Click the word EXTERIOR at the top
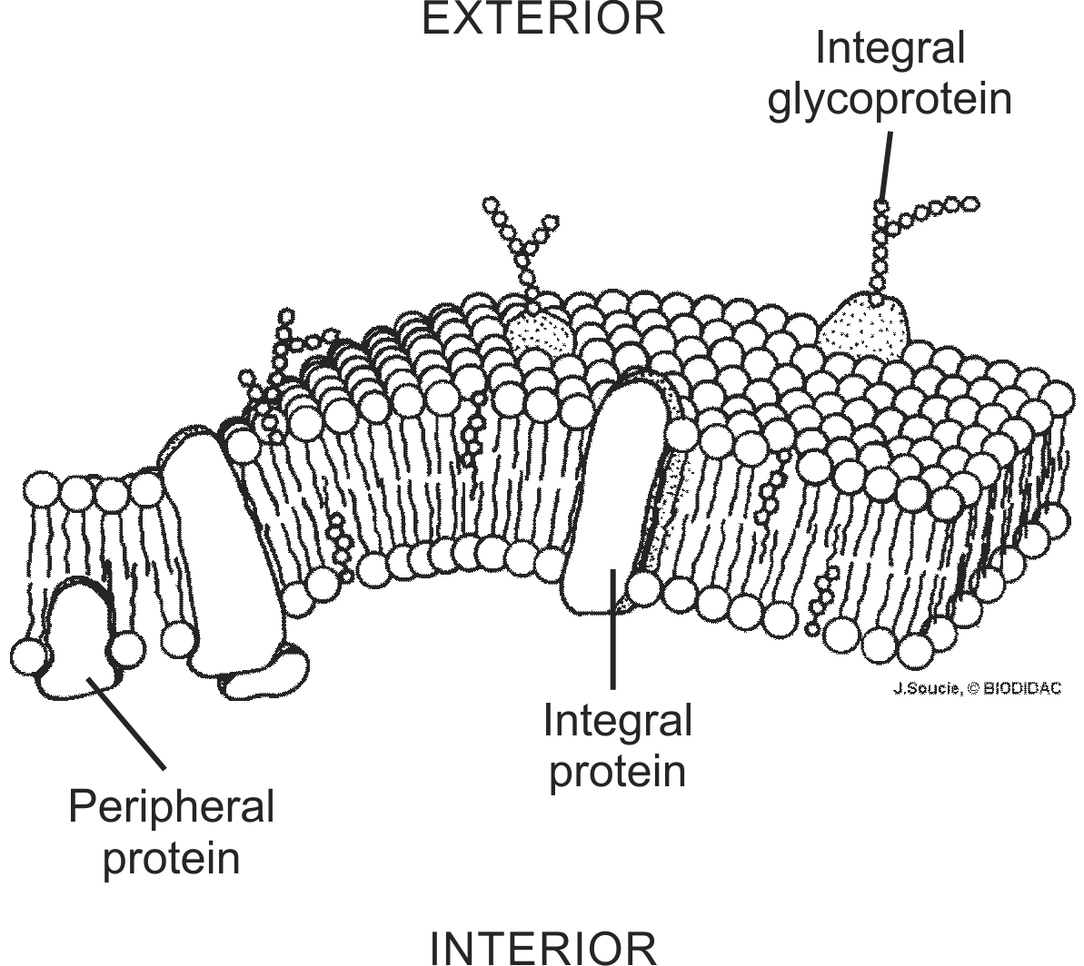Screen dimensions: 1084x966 [x=543, y=19]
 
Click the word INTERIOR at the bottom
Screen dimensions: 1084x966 [x=543, y=948]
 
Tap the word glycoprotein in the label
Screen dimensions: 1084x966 [x=890, y=100]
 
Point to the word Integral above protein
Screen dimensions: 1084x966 [x=617, y=722]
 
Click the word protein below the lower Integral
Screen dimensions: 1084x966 [x=617, y=772]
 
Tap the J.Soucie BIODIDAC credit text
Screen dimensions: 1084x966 [x=978, y=688]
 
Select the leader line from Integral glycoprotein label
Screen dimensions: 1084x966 [x=885, y=166]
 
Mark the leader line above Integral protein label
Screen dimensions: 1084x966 [x=612, y=629]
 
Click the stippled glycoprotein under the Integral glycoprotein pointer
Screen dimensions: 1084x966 [x=864, y=325]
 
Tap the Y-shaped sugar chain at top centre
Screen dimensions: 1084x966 [x=522, y=253]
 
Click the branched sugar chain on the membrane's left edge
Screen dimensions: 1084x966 [x=276, y=373]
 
